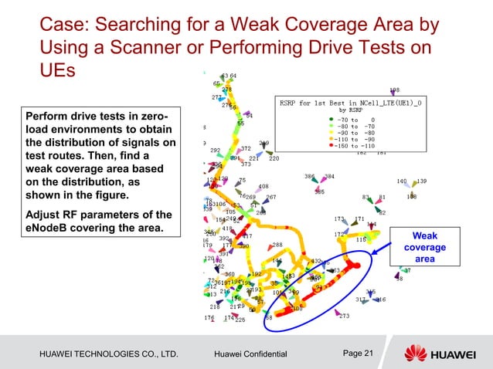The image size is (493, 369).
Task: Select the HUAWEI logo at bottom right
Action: click(440, 353)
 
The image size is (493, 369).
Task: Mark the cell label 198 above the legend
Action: click(394, 90)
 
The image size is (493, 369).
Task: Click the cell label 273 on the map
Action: click(344, 316)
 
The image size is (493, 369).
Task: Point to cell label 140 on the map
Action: click(402, 181)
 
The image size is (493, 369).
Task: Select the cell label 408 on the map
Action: click(263, 187)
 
